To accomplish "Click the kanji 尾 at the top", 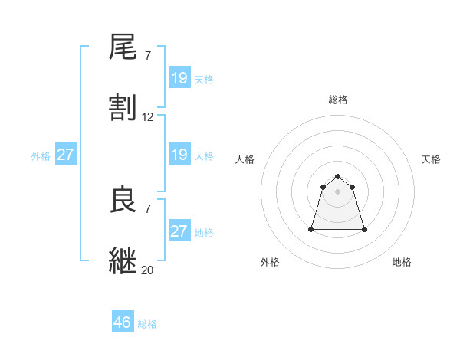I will pyautogui.click(x=123, y=48).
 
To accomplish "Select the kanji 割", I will pyautogui.click(x=123, y=108).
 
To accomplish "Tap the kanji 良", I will pyautogui.click(x=123, y=201).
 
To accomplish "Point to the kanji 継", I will pyautogui.click(x=123, y=260).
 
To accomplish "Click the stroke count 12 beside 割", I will pyautogui.click(x=148, y=117).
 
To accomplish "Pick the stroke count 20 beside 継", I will pyautogui.click(x=148, y=270).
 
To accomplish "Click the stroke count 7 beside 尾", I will pyautogui.click(x=147, y=57).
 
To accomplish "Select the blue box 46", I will pyautogui.click(x=123, y=322).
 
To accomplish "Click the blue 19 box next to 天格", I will pyautogui.click(x=179, y=78).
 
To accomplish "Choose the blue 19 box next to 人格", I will pyautogui.click(x=179, y=155).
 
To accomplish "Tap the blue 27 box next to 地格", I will pyautogui.click(x=179, y=231).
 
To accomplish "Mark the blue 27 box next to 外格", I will pyautogui.click(x=66, y=155).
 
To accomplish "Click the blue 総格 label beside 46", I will pyautogui.click(x=147, y=324).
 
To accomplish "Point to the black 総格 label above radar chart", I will pyautogui.click(x=338, y=100).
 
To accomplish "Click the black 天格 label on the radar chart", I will pyautogui.click(x=431, y=159).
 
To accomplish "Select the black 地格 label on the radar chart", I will pyautogui.click(x=402, y=262).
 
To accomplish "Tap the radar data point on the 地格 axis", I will pyautogui.click(x=363, y=229).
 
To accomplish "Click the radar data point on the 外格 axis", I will pyautogui.click(x=312, y=229).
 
